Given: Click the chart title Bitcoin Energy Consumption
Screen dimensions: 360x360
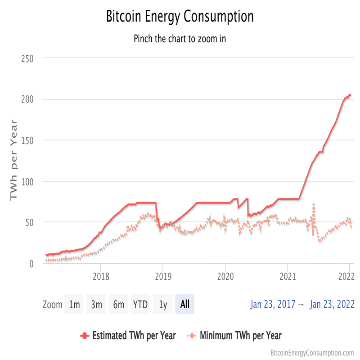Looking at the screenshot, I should [x=180, y=17].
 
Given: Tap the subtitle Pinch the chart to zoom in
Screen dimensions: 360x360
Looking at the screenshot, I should [x=180, y=38].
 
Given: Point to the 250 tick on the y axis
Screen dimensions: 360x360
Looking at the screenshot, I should [x=27, y=58].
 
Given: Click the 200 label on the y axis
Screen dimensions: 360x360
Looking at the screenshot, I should [x=27, y=99].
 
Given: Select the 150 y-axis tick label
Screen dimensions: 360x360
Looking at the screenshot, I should [x=27, y=140].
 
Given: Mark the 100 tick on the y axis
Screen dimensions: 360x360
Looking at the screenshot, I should [x=27, y=182].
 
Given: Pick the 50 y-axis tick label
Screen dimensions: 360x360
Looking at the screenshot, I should [x=30, y=223].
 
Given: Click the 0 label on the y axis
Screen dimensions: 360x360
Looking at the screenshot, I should [x=31, y=264].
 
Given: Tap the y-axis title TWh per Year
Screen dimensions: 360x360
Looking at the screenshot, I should [x=14, y=160].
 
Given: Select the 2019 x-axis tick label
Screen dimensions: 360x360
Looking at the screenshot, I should [x=163, y=275].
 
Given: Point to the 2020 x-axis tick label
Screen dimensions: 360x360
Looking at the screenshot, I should [x=225, y=275].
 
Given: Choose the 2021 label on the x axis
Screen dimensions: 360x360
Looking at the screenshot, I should [x=288, y=275].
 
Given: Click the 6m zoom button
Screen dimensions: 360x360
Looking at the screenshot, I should [x=118, y=305].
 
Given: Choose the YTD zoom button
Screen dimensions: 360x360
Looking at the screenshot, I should [x=140, y=305].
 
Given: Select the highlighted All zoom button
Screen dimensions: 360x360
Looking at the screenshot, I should [x=184, y=305].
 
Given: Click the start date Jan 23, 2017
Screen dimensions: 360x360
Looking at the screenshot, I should [x=273, y=305].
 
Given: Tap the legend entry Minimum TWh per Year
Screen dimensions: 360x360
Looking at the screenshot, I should [x=240, y=336].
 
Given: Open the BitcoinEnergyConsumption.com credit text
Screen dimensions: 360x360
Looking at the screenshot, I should [x=312, y=353].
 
